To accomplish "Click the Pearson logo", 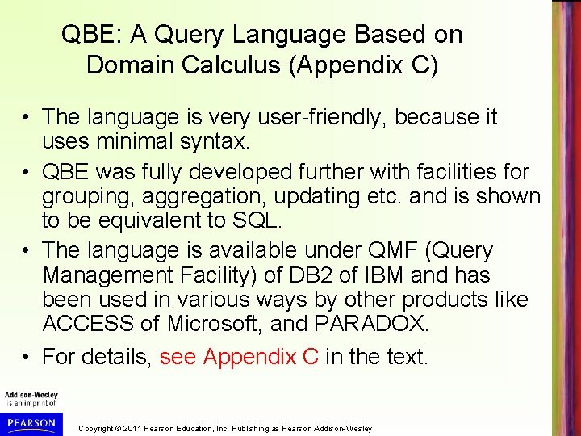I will click(x=31, y=423).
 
